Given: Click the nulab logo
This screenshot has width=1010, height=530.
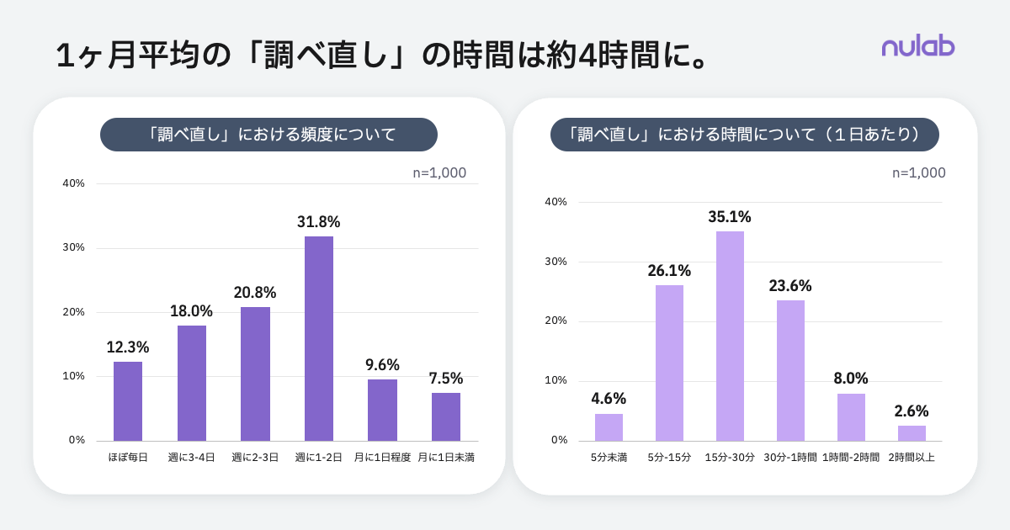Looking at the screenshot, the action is coord(918,47).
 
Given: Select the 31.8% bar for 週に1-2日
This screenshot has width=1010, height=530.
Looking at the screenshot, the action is coord(319,338).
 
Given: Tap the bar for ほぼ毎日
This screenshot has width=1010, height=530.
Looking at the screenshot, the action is coord(128,401).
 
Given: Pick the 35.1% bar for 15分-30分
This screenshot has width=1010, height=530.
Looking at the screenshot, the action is coord(730,337).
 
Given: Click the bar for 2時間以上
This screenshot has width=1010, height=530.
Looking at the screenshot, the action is coord(912,433).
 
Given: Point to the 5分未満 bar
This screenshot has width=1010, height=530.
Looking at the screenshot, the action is coord(609,427).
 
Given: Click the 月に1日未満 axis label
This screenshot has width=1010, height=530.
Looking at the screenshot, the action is coord(446,458).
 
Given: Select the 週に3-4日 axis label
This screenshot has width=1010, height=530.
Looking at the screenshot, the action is coord(191,458).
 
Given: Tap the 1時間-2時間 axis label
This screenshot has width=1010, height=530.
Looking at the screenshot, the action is coord(851,458).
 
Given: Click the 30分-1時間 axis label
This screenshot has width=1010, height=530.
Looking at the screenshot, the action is coord(790,458).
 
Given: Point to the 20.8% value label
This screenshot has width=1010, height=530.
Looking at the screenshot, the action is coord(255,293).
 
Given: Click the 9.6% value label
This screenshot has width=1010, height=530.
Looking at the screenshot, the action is coord(382,365).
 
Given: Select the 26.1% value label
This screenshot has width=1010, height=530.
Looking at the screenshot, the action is coord(669,271).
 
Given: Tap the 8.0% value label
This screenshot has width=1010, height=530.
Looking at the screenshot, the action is coord(851,379).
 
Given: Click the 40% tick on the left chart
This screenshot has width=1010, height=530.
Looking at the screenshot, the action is coord(73,183).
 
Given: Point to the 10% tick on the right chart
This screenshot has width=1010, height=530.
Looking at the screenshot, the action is coord(555,380).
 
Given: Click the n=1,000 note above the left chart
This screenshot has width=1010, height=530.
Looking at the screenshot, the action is coord(439,172).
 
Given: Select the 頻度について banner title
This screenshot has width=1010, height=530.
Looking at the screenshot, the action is coord(268,135).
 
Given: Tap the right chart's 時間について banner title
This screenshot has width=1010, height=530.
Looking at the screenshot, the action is coord(744,135).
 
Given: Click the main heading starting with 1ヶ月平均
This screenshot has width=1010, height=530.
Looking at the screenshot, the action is coord(381,56).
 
